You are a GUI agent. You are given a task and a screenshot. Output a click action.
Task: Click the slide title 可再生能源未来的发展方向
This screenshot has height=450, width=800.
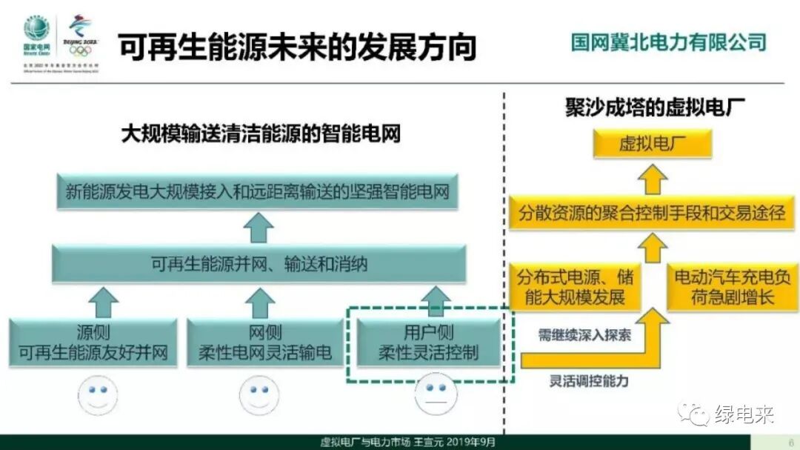click(296, 47)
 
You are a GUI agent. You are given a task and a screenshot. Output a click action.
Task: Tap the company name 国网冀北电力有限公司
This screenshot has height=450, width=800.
click(668, 42)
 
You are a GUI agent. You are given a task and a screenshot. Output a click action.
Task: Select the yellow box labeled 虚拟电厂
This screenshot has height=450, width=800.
click(652, 144)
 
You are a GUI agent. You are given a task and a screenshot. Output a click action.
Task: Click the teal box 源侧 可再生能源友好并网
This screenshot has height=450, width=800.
click(93, 343)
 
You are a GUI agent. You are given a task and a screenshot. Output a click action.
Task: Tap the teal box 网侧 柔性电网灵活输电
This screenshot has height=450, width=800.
click(264, 343)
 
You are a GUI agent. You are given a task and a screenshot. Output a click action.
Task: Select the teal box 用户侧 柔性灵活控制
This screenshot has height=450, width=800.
click(428, 343)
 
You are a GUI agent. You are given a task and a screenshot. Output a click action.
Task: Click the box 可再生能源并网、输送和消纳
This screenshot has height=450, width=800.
click(259, 264)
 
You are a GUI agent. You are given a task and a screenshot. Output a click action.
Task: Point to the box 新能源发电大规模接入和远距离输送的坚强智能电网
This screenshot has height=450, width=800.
click(257, 192)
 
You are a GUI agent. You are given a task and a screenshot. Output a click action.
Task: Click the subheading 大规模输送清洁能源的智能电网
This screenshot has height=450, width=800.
click(261, 133)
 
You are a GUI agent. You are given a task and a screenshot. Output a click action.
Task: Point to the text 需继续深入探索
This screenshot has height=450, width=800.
click(584, 335)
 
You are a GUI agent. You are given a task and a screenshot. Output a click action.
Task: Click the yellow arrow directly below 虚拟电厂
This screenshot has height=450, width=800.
click(654, 179)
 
